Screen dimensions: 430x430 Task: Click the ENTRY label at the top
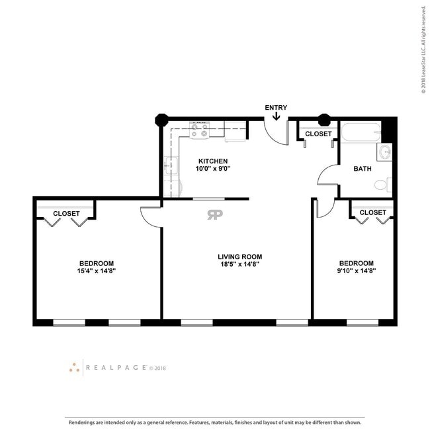tap(276, 107)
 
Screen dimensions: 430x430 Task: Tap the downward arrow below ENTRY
tap(276, 116)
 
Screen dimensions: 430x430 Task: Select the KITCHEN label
tap(213, 161)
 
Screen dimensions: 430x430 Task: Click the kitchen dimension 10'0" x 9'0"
tap(213, 169)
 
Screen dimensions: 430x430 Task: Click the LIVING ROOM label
tap(239, 257)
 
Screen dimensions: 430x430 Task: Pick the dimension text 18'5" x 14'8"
tap(239, 265)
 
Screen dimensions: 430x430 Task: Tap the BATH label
tap(363, 169)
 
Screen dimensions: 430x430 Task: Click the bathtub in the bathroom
tap(361, 132)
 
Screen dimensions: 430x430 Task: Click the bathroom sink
tap(385, 153)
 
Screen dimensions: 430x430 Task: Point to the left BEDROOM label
tap(97, 263)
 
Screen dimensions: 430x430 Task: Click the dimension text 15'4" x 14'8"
tap(97, 271)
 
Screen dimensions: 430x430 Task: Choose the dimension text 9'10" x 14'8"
tap(357, 271)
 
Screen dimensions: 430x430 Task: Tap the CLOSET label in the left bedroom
tap(66, 214)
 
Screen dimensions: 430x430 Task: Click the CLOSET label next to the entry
tap(318, 134)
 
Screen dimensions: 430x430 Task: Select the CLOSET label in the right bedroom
tap(372, 212)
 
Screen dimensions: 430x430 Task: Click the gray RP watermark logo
tap(215, 215)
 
